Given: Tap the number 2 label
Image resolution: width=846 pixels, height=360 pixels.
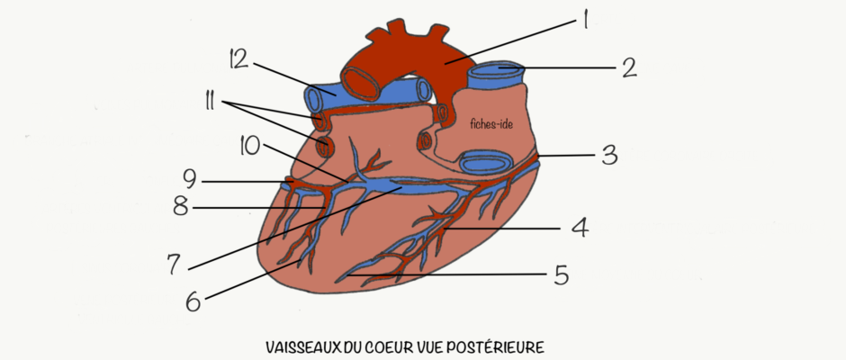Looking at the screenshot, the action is [x=628, y=68].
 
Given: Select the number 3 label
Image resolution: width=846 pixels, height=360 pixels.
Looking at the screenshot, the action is [x=608, y=156].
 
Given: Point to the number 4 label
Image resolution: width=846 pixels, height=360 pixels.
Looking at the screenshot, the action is [x=579, y=229].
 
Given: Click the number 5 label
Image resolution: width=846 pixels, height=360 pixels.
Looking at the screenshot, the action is [x=560, y=274].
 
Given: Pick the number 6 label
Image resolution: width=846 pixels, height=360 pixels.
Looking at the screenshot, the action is [x=193, y=301].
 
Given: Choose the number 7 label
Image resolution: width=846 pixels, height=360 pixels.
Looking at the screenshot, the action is [x=175, y=264].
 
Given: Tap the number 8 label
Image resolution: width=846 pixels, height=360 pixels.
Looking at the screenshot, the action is [x=181, y=207].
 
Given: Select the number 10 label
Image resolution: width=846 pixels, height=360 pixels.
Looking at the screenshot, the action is [x=250, y=147].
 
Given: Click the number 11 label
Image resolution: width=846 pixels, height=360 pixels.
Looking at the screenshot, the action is [x=208, y=102].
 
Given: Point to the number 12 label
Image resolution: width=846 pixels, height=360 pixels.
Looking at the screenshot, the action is [x=237, y=59].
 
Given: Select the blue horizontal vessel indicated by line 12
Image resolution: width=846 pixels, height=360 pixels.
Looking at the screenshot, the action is [x=368, y=95].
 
